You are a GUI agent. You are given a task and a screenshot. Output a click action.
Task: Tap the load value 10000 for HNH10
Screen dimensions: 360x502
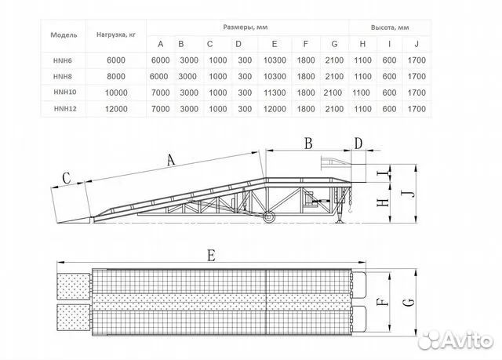pyautogui.click(x=117, y=93)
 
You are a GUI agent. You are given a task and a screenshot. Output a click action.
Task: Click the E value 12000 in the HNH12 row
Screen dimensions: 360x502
pyautogui.click(x=273, y=109)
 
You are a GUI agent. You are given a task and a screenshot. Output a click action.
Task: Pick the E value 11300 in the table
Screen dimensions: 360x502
pyautogui.click(x=273, y=93)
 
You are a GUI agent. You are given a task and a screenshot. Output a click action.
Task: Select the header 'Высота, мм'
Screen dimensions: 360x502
pyautogui.click(x=390, y=27)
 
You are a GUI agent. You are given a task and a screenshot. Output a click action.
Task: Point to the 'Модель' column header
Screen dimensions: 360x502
pyautogui.click(x=63, y=35)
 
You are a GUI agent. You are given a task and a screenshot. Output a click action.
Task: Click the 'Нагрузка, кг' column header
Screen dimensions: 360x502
pyautogui.click(x=117, y=35)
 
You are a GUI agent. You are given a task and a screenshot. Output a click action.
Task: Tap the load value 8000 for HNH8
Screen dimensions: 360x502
pyautogui.click(x=117, y=76)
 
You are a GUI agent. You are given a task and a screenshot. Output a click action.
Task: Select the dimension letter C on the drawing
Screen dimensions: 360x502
pyautogui.click(x=67, y=177)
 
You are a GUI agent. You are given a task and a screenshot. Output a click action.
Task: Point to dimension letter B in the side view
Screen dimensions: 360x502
pyautogui.click(x=308, y=144)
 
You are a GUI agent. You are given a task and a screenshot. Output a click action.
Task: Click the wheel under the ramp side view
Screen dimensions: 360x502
pyautogui.click(x=268, y=217)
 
